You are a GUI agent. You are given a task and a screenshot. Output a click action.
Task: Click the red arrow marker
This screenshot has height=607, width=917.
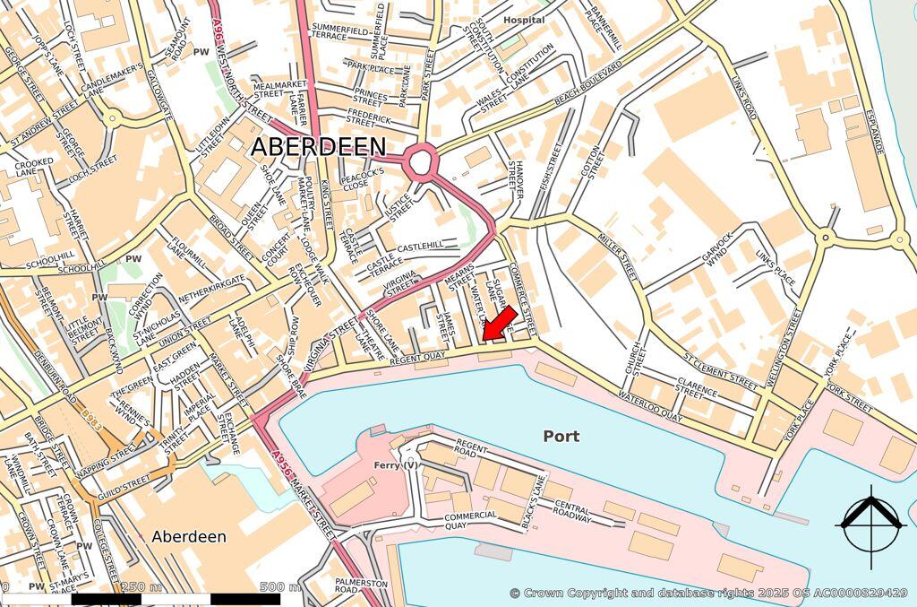tap(499, 324)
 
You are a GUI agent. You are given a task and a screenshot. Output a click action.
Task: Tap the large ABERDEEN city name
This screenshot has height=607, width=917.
tap(318, 147)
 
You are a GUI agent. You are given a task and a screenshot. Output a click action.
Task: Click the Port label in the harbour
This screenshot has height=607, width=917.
tap(561, 437)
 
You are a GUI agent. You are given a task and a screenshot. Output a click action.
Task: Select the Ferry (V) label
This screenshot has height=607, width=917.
tap(396, 464)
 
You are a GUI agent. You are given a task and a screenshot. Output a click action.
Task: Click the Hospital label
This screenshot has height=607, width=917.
tap(524, 20)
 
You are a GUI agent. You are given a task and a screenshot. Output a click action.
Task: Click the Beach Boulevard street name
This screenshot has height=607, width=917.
tap(587, 86)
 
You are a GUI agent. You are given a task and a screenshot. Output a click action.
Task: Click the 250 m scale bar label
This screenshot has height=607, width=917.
tap(141, 587)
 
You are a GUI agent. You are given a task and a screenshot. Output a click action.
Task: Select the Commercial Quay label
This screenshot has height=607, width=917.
tap(470, 521)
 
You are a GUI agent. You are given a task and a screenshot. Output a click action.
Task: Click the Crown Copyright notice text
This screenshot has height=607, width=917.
tap(708, 593)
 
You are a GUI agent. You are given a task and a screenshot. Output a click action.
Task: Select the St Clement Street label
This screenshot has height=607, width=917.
tap(720, 367)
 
